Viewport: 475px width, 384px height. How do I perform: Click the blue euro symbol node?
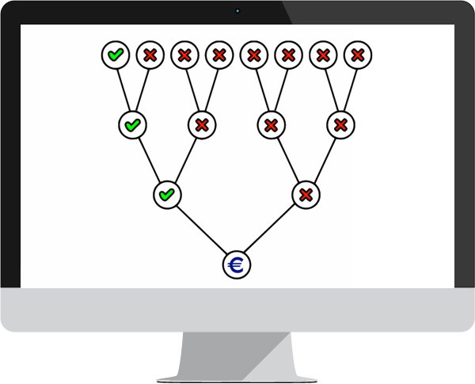[x=236, y=264]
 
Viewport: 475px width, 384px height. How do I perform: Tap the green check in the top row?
[x=116, y=55]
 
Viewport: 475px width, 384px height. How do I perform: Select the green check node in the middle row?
[x=132, y=124]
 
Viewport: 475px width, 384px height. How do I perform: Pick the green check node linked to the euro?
[x=167, y=194]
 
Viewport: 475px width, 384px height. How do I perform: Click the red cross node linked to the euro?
[x=306, y=194]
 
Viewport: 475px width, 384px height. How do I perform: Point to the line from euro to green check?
[x=201, y=229]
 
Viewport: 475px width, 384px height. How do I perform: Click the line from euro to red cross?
[x=271, y=229]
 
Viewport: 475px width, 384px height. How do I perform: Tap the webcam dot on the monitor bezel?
[x=237, y=11]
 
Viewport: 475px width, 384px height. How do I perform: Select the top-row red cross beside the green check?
[x=150, y=55]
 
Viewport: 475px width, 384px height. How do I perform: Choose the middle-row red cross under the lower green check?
[x=202, y=124]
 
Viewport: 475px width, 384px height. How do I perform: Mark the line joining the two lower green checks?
[x=150, y=159]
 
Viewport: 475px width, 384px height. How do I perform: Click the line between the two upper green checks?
[x=124, y=89]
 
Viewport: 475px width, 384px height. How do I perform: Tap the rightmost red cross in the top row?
[x=358, y=55]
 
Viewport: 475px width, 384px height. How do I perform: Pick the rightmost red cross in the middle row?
[x=340, y=124]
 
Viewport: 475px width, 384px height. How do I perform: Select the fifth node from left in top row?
[x=254, y=55]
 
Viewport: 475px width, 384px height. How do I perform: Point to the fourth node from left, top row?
[x=219, y=55]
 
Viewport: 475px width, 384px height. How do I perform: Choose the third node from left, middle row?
[x=271, y=124]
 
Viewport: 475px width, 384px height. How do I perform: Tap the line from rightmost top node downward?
[x=349, y=89]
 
